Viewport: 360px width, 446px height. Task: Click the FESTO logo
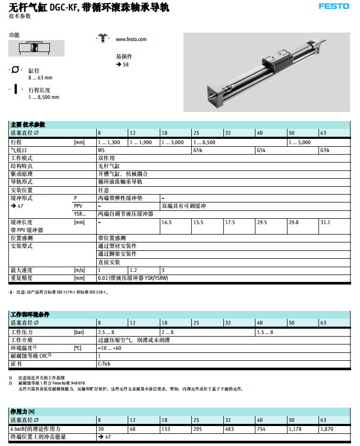click(334, 6)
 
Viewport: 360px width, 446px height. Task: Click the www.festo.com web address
click(131, 39)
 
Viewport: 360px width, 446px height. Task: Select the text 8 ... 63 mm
click(40, 78)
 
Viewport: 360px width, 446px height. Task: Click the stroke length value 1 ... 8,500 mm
click(44, 97)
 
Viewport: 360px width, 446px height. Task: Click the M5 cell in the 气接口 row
click(101, 150)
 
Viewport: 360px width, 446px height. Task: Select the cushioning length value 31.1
click(325, 222)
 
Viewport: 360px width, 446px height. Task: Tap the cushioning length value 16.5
click(167, 222)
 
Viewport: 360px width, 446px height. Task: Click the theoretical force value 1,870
click(326, 429)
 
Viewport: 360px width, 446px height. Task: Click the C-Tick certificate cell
click(104, 363)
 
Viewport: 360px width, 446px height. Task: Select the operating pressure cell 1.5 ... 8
click(265, 332)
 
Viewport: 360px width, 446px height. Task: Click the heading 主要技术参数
click(28, 125)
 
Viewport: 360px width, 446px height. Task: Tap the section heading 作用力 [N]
click(23, 411)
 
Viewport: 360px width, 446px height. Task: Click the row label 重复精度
click(22, 278)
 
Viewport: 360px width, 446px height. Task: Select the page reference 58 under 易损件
click(125, 65)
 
